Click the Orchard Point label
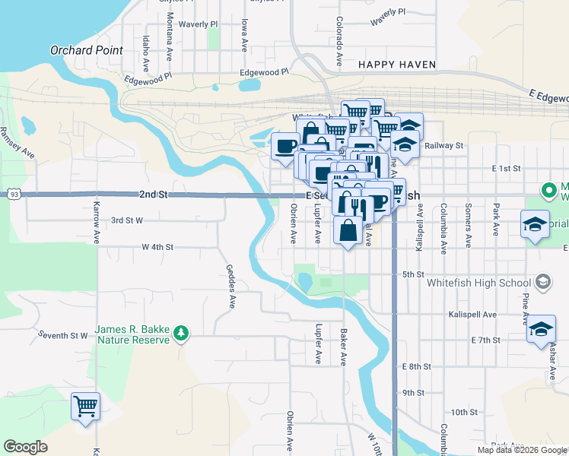(87, 50)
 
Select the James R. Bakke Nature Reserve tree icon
(180, 332)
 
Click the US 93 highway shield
(14, 195)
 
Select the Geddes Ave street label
(230, 287)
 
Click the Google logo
(26, 446)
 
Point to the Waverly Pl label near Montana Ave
(199, 24)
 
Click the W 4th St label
(157, 247)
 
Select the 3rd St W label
(127, 220)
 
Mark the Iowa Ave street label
(245, 36)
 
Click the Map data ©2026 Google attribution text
(521, 449)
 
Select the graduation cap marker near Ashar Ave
(541, 328)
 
